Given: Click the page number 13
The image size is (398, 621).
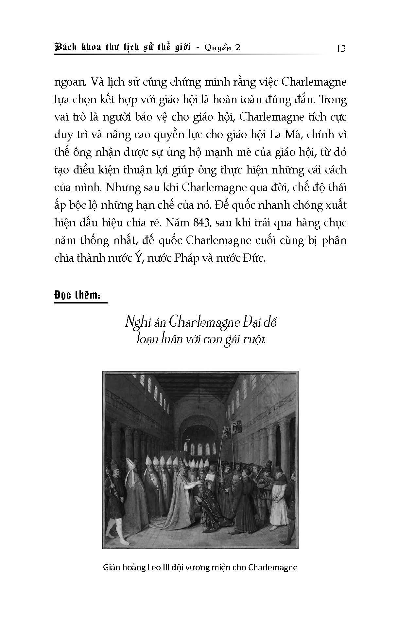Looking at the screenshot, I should pyautogui.click(x=340, y=49).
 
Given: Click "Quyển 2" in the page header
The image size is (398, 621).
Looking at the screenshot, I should pyautogui.click(x=222, y=48).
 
